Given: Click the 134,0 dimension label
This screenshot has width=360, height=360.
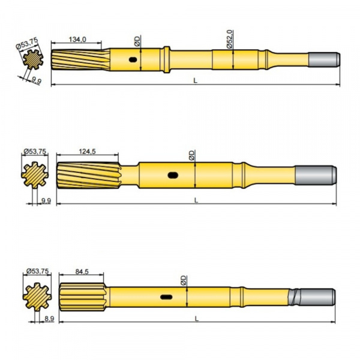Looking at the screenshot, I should [77, 39].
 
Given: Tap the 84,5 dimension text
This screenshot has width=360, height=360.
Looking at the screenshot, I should [82, 271].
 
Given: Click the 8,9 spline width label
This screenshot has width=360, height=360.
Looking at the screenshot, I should [48, 320].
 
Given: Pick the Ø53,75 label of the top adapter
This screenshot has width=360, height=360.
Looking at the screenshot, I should [26, 44].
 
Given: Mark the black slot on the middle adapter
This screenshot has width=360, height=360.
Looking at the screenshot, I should [173, 175].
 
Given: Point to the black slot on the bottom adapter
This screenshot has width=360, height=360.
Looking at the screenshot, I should [166, 296].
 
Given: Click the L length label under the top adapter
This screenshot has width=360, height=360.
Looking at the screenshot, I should [195, 80].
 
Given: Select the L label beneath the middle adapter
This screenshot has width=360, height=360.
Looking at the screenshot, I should [196, 200].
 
